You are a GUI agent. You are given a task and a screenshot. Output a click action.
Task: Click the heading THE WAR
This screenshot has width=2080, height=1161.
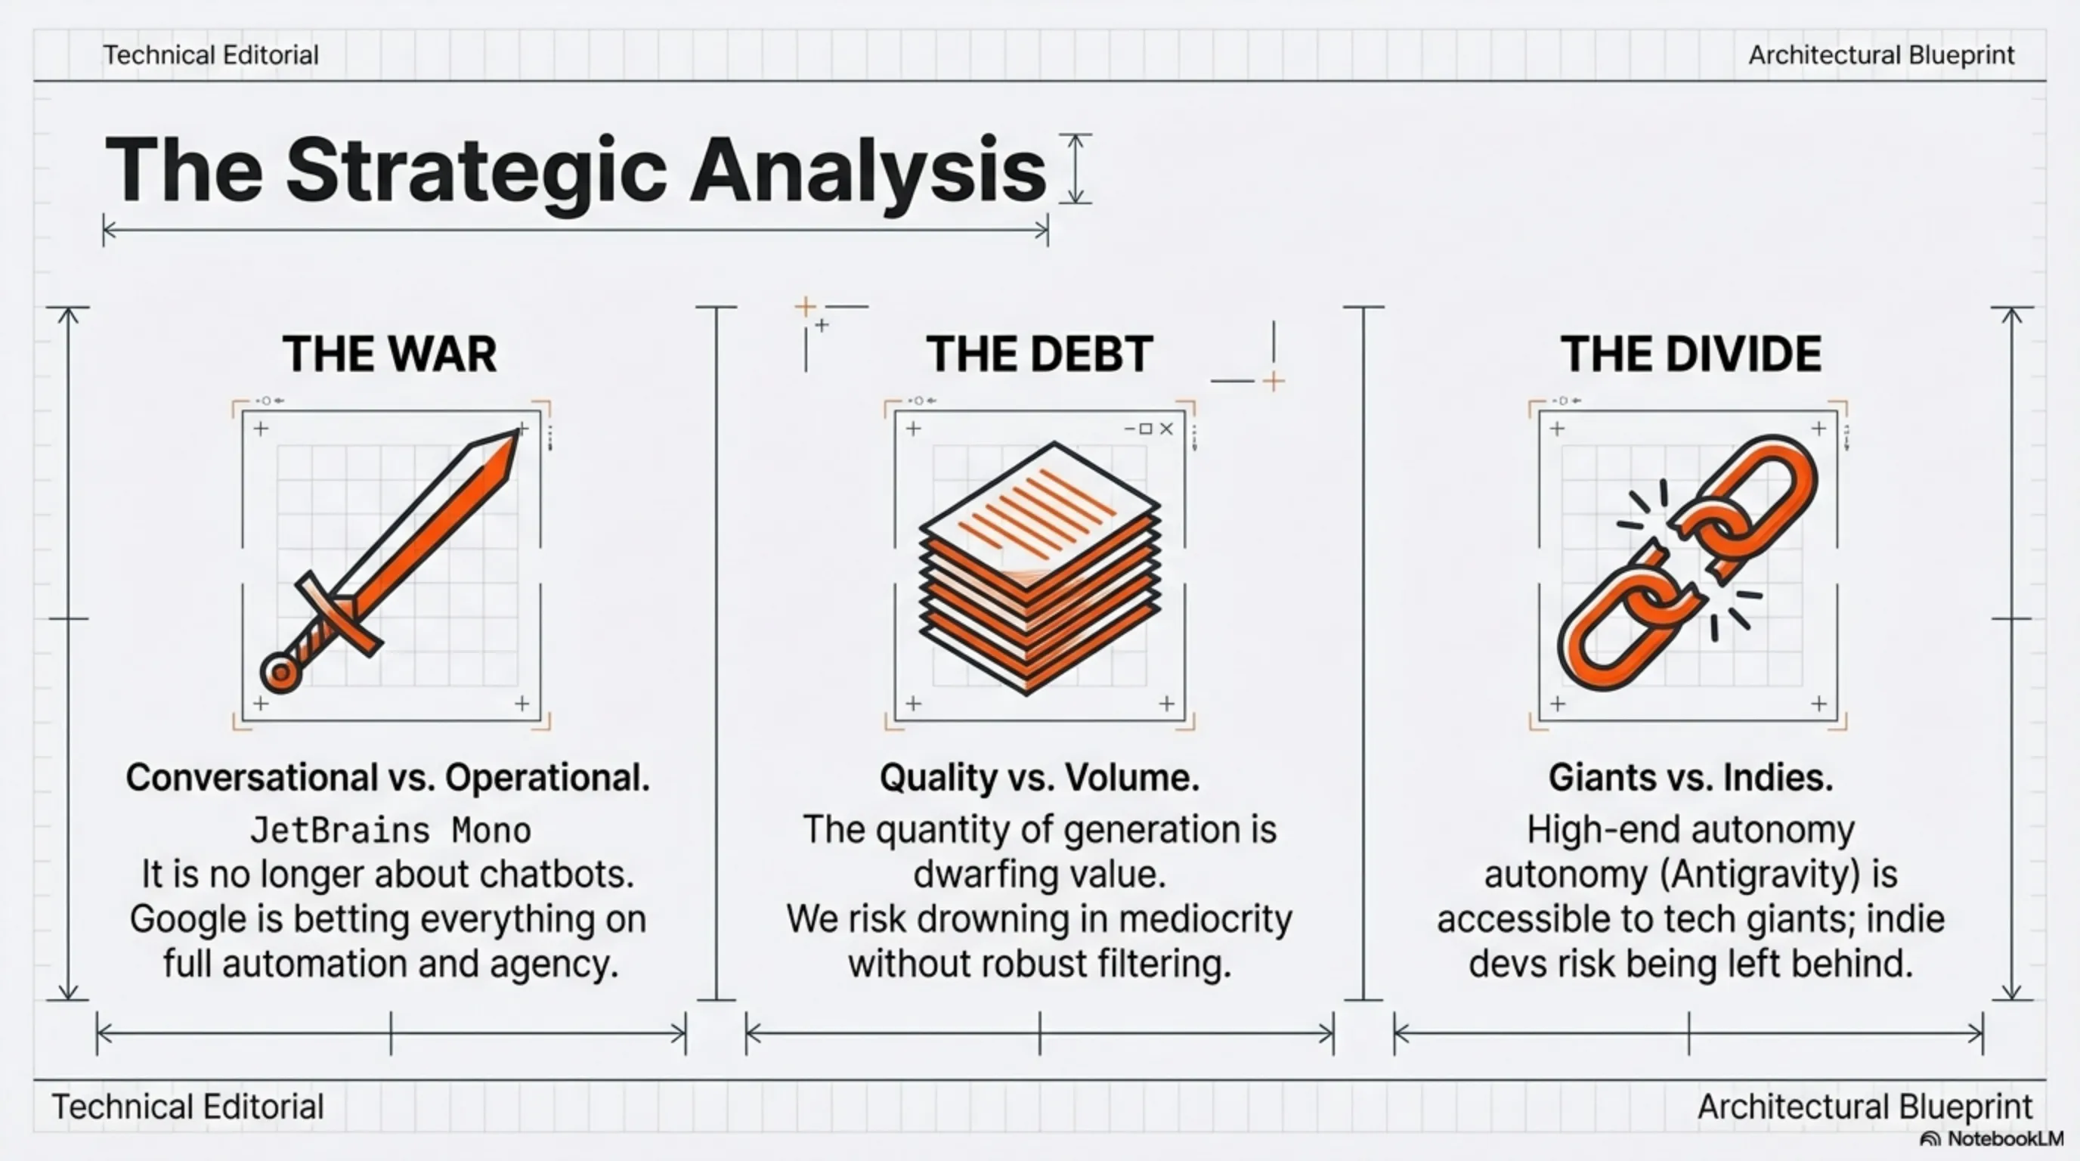pyautogui.click(x=389, y=354)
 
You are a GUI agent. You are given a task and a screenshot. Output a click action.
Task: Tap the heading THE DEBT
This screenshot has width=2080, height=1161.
pyautogui.click(x=1039, y=354)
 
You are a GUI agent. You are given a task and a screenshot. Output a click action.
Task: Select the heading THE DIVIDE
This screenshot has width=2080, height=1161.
pyautogui.click(x=1691, y=354)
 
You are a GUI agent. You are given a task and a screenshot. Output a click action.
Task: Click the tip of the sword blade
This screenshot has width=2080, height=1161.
pyautogui.click(x=517, y=432)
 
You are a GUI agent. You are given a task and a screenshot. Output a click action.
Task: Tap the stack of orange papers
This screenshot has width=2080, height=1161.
pyautogui.click(x=1040, y=568)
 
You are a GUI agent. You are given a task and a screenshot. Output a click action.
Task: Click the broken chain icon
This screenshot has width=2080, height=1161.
pyautogui.click(x=1688, y=564)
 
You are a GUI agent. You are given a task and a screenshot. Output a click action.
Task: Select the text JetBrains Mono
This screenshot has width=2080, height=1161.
pyautogui.click(x=391, y=830)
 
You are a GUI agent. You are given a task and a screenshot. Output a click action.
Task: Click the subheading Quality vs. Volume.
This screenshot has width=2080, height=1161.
pyautogui.click(x=1039, y=778)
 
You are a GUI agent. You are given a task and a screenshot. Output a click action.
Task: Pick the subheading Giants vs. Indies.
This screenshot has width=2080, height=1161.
pyautogui.click(x=1691, y=778)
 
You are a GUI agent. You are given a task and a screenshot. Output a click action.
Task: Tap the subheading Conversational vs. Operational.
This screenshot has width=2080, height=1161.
pyautogui.click(x=388, y=778)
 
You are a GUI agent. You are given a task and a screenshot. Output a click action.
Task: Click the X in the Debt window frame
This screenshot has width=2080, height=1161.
pyautogui.click(x=1166, y=429)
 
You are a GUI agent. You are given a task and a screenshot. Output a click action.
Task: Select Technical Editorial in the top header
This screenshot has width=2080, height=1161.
pyautogui.click(x=211, y=55)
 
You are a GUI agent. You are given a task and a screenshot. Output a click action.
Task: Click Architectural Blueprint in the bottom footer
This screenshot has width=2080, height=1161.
pyautogui.click(x=1865, y=1107)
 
